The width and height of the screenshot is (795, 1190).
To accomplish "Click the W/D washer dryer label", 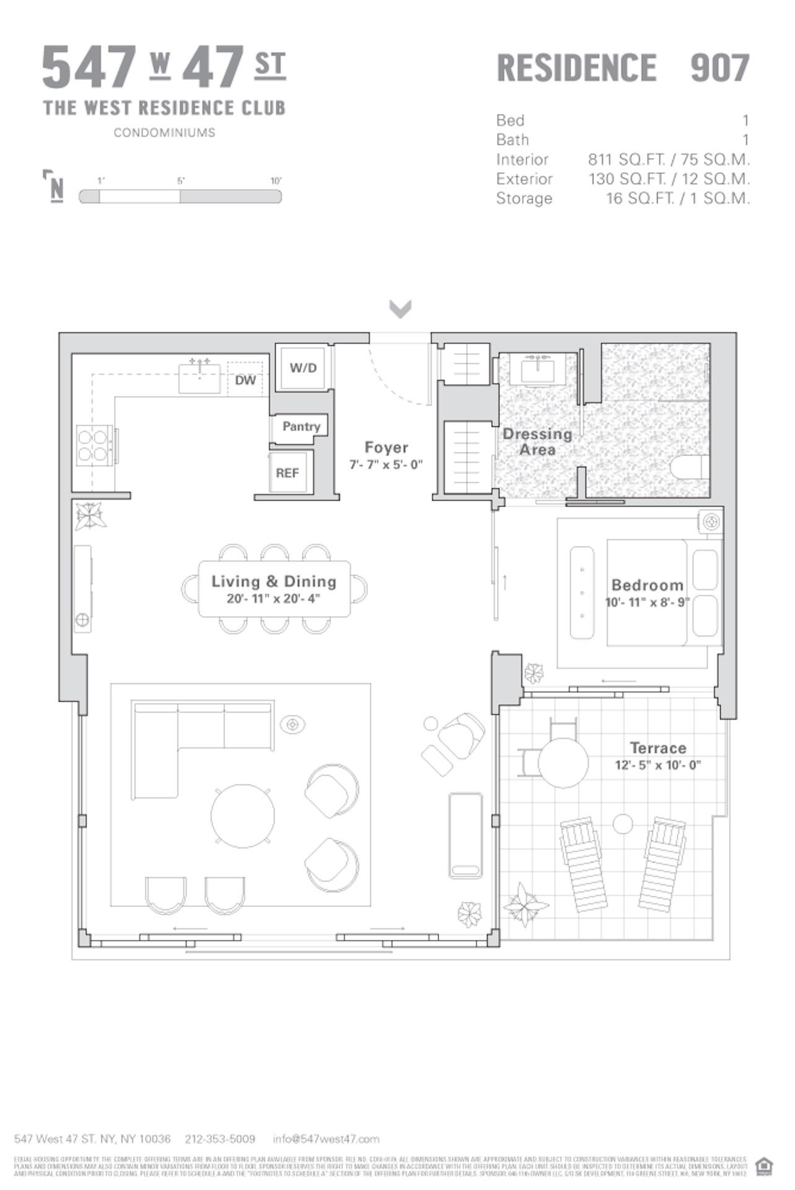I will (303, 368).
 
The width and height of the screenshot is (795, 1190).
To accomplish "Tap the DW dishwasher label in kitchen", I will (245, 380).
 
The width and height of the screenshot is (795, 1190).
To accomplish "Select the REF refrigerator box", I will (288, 473).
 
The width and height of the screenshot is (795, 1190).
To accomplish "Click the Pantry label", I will (301, 426).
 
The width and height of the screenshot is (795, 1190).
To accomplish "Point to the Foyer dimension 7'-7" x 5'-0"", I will (386, 465).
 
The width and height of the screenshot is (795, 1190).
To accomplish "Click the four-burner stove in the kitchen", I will (93, 445).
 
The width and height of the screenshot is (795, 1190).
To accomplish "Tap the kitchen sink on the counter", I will (200, 377).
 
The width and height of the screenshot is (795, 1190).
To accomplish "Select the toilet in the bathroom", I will (692, 468).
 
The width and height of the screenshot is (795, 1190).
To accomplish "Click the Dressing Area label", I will (537, 441).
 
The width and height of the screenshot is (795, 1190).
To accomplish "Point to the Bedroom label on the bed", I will (647, 585).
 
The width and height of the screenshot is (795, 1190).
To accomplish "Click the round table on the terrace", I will (563, 762).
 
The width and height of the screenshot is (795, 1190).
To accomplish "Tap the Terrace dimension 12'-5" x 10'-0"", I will (657, 765).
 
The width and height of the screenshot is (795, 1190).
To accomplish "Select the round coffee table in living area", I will (242, 816).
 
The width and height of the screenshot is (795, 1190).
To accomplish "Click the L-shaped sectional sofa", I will (186, 738).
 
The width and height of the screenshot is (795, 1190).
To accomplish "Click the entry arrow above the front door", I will (400, 308).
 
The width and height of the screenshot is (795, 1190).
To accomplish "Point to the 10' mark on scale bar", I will (276, 181).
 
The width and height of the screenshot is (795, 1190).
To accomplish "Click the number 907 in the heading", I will (719, 68).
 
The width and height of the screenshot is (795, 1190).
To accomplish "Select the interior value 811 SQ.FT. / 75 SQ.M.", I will (669, 159).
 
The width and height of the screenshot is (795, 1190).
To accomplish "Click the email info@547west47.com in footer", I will (326, 1139).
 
